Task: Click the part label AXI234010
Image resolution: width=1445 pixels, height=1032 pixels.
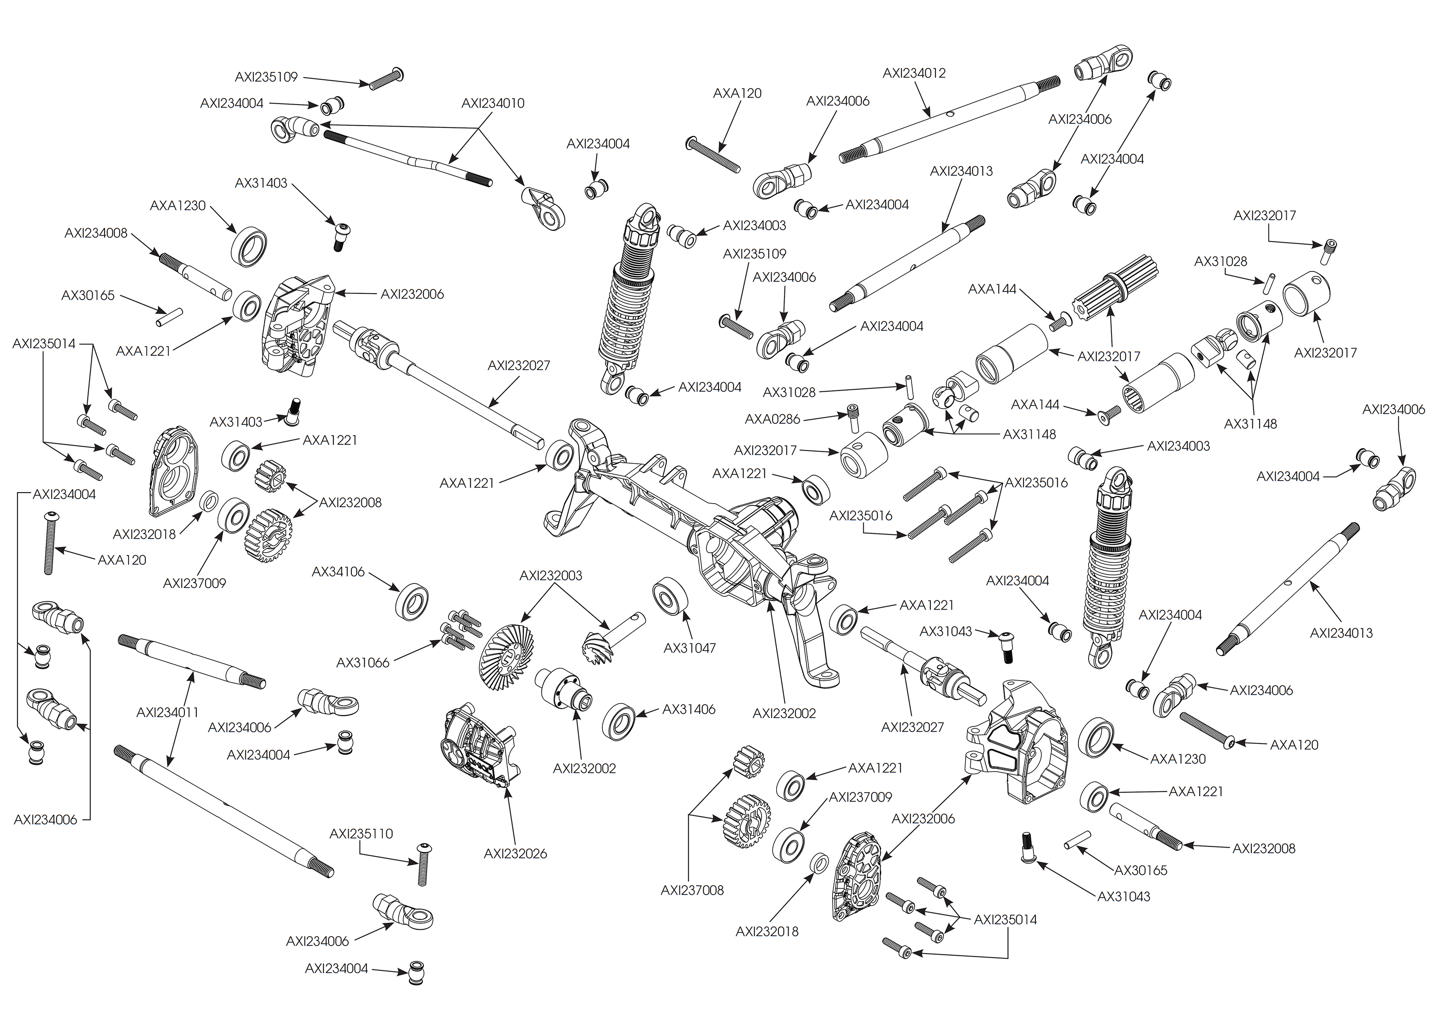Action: [493, 103]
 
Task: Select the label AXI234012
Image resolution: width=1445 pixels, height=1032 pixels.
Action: [914, 73]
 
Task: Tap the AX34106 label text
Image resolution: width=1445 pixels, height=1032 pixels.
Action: [338, 572]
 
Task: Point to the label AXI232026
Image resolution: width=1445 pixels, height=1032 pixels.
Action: [515, 854]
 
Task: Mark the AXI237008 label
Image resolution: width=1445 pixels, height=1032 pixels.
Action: [692, 890]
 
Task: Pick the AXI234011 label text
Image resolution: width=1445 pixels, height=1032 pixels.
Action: [168, 712]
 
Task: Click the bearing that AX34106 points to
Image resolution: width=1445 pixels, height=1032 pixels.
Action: [412, 600]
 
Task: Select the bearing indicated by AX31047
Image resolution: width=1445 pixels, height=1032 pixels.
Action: [668, 596]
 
